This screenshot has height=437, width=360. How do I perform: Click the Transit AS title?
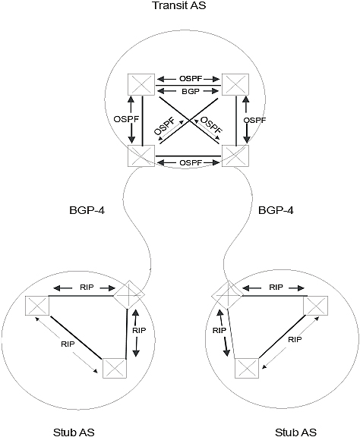(x=179, y=5)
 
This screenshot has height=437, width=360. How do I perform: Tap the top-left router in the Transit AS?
(x=141, y=84)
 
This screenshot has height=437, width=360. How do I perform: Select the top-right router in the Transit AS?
(x=235, y=84)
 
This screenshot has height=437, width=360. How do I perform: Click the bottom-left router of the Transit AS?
(x=141, y=156)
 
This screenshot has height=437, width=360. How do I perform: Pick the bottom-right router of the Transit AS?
(x=235, y=156)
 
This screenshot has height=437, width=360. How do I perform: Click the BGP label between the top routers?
(x=191, y=91)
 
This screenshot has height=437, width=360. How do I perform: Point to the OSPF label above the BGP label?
(x=191, y=79)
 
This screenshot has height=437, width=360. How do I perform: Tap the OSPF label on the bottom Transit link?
(x=191, y=162)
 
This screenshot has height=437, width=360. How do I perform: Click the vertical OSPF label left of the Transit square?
(x=126, y=119)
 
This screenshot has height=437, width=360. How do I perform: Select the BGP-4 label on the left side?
(x=87, y=210)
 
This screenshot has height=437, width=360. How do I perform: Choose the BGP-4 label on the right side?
(x=276, y=210)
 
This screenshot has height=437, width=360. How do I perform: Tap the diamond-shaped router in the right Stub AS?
(x=227, y=295)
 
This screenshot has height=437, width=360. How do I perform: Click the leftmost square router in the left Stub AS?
(x=37, y=306)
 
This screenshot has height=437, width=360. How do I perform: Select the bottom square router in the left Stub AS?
(x=115, y=368)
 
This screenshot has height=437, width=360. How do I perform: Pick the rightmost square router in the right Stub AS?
(x=316, y=306)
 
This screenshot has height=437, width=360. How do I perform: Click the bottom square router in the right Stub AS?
(x=247, y=368)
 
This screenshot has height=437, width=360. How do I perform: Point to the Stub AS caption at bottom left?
(x=74, y=432)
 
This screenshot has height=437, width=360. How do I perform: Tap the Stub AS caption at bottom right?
(x=295, y=432)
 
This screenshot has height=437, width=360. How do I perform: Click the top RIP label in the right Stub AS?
(x=276, y=288)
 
